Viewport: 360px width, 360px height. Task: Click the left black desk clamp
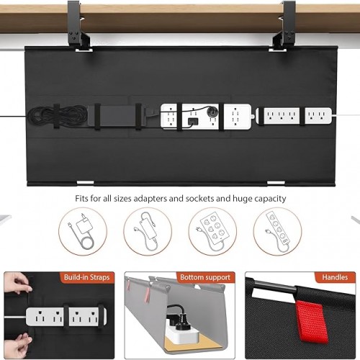tap(77, 27)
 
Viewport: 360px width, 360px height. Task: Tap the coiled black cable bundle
tap(57, 116)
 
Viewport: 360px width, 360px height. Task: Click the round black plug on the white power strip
tap(212, 112)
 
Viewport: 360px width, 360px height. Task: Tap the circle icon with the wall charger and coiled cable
tap(83, 232)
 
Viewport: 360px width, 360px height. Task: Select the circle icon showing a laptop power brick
tap(148, 232)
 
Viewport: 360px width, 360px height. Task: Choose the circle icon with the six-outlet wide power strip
tap(212, 232)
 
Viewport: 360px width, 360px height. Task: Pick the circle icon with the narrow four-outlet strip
tap(278, 232)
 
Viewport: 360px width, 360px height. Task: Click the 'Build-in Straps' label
tap(86, 277)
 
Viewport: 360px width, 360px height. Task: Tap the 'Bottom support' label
tap(205, 277)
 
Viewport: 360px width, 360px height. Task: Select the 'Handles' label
tap(335, 277)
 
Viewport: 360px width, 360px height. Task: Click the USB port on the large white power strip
tap(193, 122)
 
